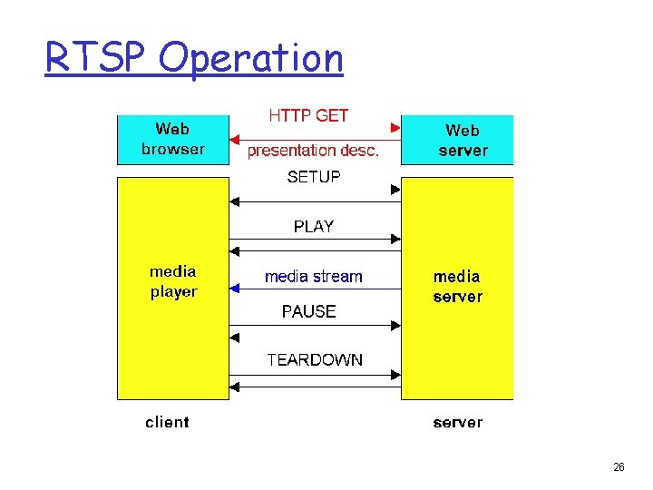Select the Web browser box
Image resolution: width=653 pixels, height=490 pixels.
tap(173, 140)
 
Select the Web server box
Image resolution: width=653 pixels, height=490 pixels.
tap(457, 140)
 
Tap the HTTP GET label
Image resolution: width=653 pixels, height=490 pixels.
tap(308, 116)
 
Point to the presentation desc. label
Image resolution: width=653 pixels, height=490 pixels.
tap(313, 151)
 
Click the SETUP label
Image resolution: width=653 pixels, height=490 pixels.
tap(314, 177)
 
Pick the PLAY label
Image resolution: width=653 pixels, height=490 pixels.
tap(314, 227)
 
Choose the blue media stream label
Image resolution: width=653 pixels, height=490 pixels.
tap(313, 277)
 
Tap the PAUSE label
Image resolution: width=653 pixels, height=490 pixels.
tap(308, 311)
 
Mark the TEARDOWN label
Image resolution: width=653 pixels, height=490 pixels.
tap(315, 360)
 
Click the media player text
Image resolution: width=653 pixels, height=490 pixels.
tap(173, 281)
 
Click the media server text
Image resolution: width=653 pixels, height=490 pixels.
tap(457, 286)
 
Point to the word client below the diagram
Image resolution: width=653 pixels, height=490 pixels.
tap(168, 422)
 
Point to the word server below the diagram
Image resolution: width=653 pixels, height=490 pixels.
tap(457, 422)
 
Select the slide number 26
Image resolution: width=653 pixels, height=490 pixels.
tap(619, 467)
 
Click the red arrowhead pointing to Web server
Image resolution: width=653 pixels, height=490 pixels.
tap(395, 126)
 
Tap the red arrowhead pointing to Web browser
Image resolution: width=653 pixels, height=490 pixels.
tap(235, 141)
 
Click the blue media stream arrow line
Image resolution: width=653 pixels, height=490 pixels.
tap(317, 289)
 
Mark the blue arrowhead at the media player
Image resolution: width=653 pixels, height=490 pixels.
tap(235, 289)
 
